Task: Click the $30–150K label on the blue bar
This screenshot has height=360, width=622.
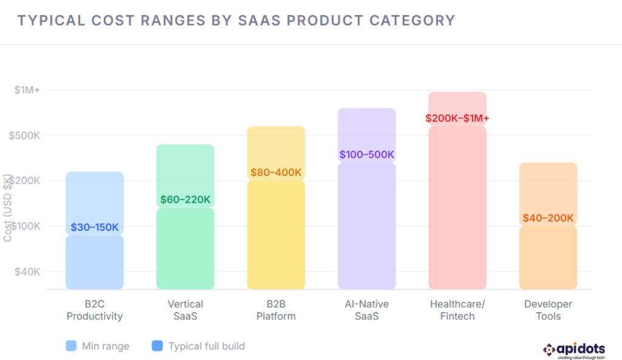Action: pos(94,228)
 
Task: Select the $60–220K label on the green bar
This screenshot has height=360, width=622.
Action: pos(185,200)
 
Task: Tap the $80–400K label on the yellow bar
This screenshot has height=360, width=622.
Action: pos(276,172)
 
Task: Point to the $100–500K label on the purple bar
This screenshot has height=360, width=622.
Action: pos(366,154)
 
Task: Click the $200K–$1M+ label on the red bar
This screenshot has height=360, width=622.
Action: pos(457,118)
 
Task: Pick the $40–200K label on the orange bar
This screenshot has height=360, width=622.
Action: pos(548,218)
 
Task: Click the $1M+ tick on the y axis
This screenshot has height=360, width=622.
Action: pos(27,90)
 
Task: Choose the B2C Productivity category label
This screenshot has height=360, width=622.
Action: pos(94,310)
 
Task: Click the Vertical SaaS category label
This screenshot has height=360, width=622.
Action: pos(185,310)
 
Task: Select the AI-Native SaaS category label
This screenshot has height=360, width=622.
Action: pos(366,310)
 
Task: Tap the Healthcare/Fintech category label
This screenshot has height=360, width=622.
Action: pos(457,310)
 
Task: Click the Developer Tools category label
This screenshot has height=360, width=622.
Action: pos(548,310)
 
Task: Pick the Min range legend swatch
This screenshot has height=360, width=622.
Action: pos(71,346)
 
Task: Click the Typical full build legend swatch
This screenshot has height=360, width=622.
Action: pos(157,346)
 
